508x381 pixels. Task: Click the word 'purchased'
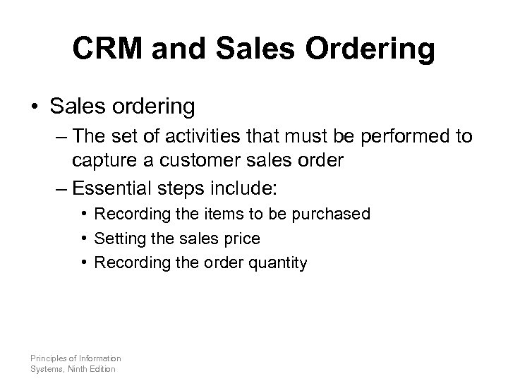pos(334,214)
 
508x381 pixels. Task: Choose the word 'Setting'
pos(118,238)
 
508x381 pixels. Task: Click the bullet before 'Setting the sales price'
pos(84,238)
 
